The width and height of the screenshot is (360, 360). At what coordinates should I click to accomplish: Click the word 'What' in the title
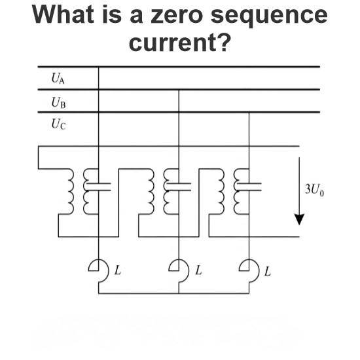click(x=63, y=14)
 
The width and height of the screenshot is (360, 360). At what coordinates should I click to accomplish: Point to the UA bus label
click(x=58, y=79)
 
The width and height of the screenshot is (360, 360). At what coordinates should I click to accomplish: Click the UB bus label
click(x=58, y=102)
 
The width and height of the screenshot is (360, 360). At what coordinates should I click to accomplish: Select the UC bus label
click(x=58, y=124)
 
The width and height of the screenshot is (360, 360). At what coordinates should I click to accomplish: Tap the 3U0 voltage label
click(x=314, y=190)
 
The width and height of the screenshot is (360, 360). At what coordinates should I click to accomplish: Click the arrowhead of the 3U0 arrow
click(x=299, y=219)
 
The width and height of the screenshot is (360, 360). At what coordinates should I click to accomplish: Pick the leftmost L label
click(x=118, y=270)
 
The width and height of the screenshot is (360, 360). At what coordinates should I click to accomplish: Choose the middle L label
click(x=198, y=270)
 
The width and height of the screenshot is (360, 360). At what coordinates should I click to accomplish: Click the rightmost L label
click(x=268, y=271)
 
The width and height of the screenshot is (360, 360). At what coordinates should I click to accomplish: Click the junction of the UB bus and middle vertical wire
click(x=179, y=90)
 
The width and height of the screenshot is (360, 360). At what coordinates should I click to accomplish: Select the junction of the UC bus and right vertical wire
click(x=249, y=113)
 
